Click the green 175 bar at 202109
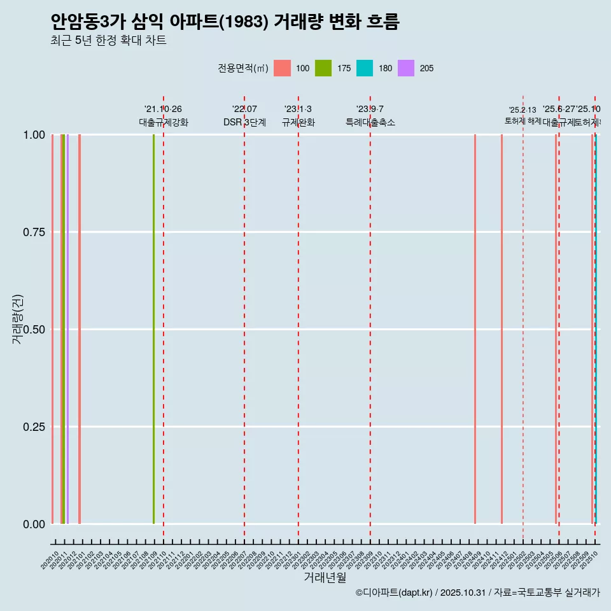(x=153, y=329)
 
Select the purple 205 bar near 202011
(x=67, y=329)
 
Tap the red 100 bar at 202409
(x=475, y=329)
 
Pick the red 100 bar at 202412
(x=502, y=329)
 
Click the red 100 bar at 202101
(x=80, y=329)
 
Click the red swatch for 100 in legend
(x=282, y=68)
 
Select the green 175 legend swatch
(x=323, y=68)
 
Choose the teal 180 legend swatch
(x=365, y=68)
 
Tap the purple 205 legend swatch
(x=406, y=68)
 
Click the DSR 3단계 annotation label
(x=244, y=122)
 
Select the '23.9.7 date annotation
(x=370, y=109)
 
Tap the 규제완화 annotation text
(x=298, y=122)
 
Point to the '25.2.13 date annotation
(x=523, y=110)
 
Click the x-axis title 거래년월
(x=325, y=578)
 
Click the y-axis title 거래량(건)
(x=17, y=319)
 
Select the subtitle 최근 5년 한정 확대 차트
(x=108, y=41)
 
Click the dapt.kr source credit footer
(x=477, y=593)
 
